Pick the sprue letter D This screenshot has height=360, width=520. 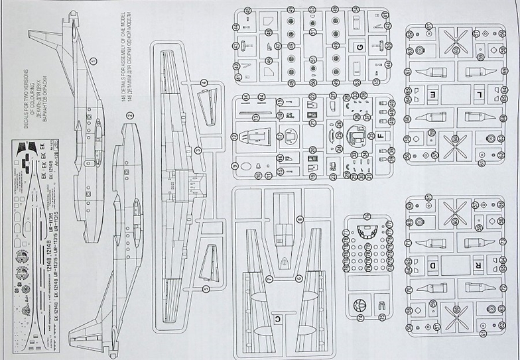tap(433, 267)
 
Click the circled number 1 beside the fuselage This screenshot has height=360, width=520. tap(94, 60)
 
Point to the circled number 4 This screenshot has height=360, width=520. tap(204, 83)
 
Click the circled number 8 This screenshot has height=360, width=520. tap(300, 219)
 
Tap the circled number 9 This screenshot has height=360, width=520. tap(234, 165)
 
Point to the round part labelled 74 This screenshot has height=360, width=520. tap(359, 306)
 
